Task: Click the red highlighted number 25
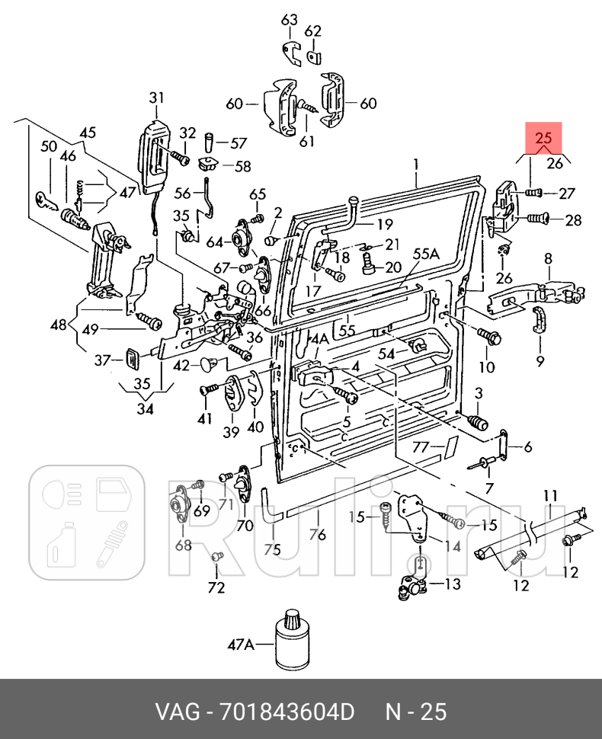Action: [x=543, y=138]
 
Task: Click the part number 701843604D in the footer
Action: [x=287, y=712]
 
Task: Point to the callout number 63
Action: [x=290, y=20]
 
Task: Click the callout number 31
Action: [x=156, y=98]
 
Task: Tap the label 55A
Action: [x=426, y=254]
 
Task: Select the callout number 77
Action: [x=421, y=446]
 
